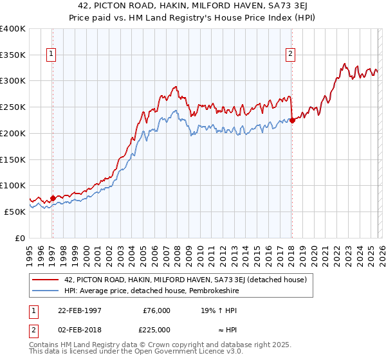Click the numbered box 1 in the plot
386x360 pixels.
click(x=51, y=55)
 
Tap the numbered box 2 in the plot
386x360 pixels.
click(x=291, y=55)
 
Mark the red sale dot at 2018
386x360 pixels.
click(x=292, y=120)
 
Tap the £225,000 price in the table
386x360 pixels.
click(x=156, y=330)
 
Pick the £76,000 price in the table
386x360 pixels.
click(x=156, y=310)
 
